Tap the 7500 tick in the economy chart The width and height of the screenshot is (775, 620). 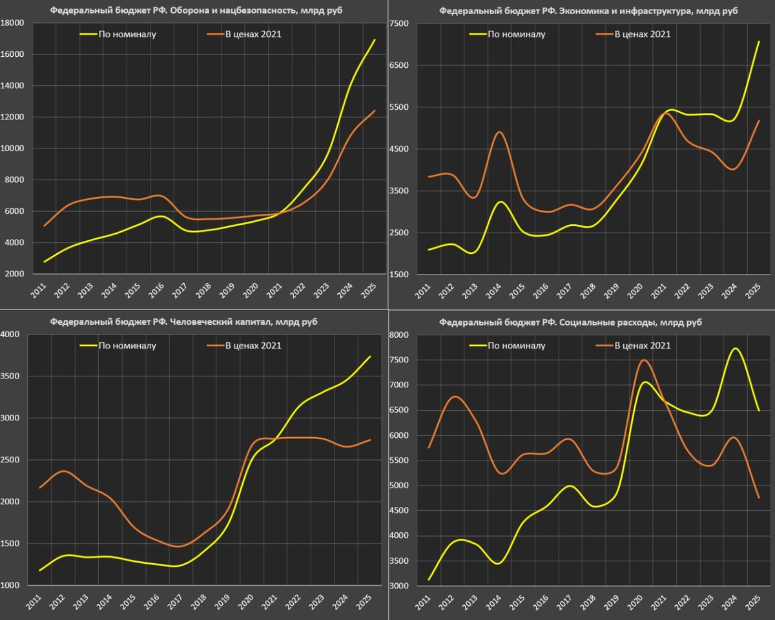[399, 23]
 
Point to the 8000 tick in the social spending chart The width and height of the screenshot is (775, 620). [399, 335]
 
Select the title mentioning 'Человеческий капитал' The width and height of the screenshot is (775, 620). [183, 322]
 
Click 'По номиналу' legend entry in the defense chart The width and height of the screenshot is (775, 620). [127, 34]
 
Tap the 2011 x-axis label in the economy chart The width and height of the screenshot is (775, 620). [422, 289]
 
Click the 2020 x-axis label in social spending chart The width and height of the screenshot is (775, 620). [638, 601]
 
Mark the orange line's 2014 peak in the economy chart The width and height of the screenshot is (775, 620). [500, 132]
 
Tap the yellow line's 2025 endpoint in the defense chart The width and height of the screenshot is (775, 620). [375, 40]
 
